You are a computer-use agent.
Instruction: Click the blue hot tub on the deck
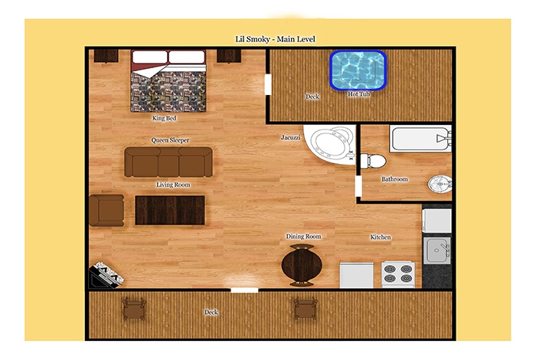[358, 70]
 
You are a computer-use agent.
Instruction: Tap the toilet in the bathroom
[374, 161]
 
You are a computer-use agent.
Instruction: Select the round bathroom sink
[440, 185]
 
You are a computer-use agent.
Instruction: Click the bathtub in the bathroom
[420, 139]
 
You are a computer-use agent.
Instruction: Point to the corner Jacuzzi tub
[330, 144]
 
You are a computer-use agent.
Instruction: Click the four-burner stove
[398, 274]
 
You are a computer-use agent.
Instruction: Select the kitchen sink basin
[437, 250]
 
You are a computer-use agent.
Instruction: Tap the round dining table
[302, 265]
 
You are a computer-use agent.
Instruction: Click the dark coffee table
[170, 211]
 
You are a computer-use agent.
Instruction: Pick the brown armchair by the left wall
[106, 211]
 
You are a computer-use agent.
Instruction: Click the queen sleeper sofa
[168, 162]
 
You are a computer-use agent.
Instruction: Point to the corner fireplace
[106, 275]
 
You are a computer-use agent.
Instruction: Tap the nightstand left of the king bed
[106, 56]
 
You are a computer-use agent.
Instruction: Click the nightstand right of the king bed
[229, 56]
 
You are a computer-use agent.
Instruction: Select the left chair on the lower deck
[134, 308]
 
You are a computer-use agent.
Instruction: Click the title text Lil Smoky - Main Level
[275, 39]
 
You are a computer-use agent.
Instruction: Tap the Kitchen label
[381, 237]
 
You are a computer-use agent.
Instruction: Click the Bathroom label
[394, 178]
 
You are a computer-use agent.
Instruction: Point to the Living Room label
[173, 185]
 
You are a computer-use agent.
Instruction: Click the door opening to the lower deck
[244, 290]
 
